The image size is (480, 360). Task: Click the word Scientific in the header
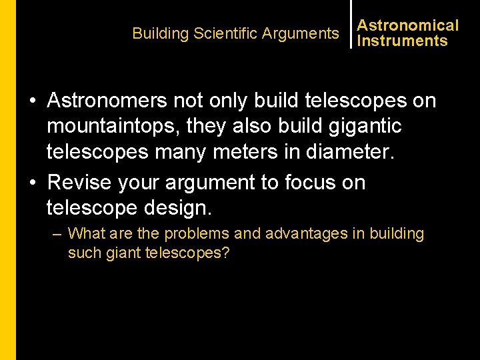225,33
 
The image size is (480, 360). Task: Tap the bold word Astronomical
408,25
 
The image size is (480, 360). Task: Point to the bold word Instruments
402,41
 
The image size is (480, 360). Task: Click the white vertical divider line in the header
351,24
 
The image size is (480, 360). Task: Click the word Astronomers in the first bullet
107,101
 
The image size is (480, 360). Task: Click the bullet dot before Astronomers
32,101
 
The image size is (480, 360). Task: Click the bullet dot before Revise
32,183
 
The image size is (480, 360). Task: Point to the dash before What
57,234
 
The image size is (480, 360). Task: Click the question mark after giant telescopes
225,254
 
